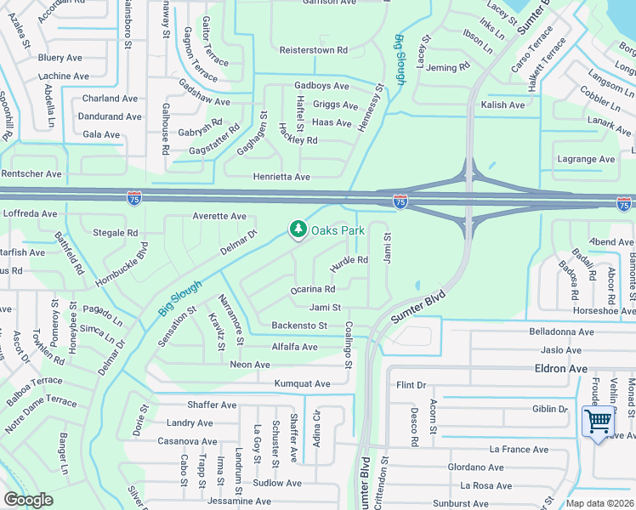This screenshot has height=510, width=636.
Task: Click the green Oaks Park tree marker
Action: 298,229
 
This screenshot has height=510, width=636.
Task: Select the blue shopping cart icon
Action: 599,421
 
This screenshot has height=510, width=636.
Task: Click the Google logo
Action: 28,500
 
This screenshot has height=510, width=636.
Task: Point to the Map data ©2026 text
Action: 600,503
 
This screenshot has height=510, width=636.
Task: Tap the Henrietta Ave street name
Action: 281,177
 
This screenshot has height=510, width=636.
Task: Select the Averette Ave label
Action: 219,216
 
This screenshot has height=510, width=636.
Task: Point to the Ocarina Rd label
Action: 313,290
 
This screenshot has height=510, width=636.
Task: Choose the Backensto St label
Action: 299,326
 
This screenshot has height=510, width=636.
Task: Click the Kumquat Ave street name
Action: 302,384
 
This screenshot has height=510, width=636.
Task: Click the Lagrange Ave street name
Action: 585,159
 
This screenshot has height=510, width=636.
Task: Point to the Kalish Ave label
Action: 503,105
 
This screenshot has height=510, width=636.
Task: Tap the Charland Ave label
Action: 110,99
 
